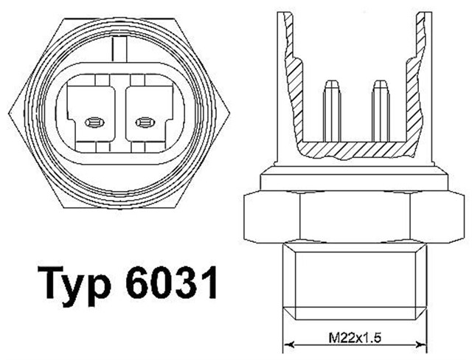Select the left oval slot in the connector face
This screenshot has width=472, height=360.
click(93, 122)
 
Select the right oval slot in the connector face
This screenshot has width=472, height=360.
click(144, 122)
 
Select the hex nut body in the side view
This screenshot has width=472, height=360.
click(353, 215)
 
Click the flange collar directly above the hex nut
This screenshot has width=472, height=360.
click(353, 179)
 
